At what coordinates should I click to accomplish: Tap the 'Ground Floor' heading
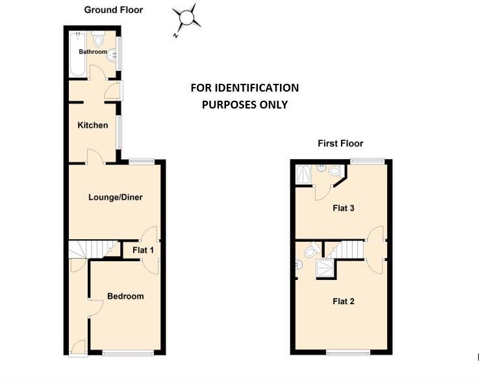click(x=114, y=10)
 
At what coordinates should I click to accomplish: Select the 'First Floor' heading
click(x=340, y=144)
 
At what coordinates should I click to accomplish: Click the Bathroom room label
click(x=93, y=51)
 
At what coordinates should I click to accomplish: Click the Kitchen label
click(x=93, y=125)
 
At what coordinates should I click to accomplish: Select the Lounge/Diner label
click(x=116, y=198)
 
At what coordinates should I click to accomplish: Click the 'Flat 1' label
click(x=144, y=250)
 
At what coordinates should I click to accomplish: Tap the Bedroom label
click(x=125, y=296)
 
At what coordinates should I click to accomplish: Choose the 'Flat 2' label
click(x=343, y=301)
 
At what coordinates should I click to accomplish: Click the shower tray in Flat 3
click(x=303, y=173)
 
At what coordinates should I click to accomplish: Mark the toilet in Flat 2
click(x=310, y=250)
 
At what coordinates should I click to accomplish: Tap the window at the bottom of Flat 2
click(x=349, y=353)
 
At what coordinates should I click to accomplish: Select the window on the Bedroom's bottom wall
click(x=129, y=353)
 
